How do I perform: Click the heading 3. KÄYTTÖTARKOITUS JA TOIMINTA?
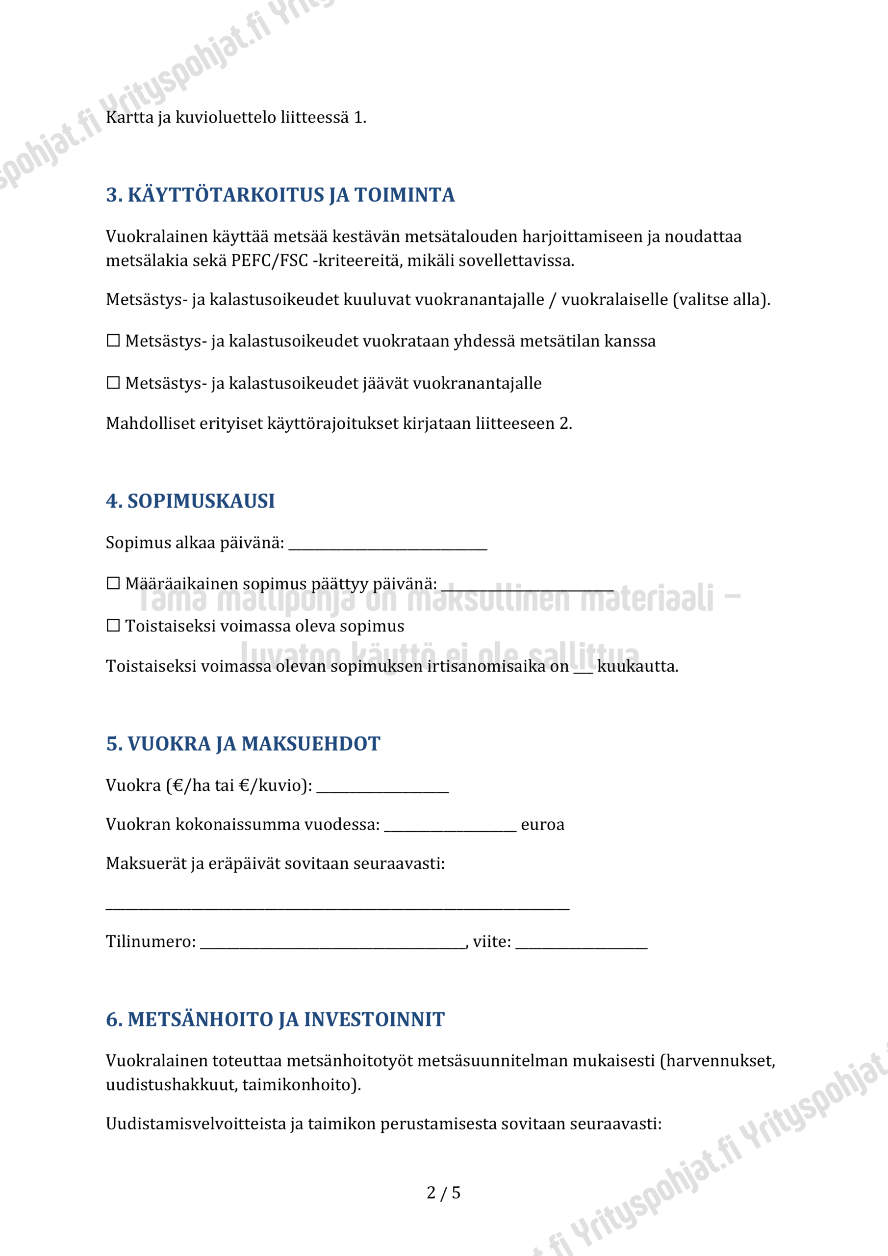coord(280,195)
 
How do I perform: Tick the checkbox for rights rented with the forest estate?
coord(113,341)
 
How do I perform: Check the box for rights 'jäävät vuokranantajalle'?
coord(113,383)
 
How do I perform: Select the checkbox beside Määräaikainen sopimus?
coord(113,584)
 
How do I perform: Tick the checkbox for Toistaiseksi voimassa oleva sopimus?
coord(113,626)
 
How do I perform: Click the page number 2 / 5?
coord(443,1193)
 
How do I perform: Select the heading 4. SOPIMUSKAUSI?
coord(190,501)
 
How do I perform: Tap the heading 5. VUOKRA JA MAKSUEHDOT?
coord(243,744)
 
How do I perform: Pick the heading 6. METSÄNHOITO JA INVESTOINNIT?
coord(275,1020)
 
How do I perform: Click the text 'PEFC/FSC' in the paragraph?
coord(269,261)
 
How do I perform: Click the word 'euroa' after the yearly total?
coord(542,825)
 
